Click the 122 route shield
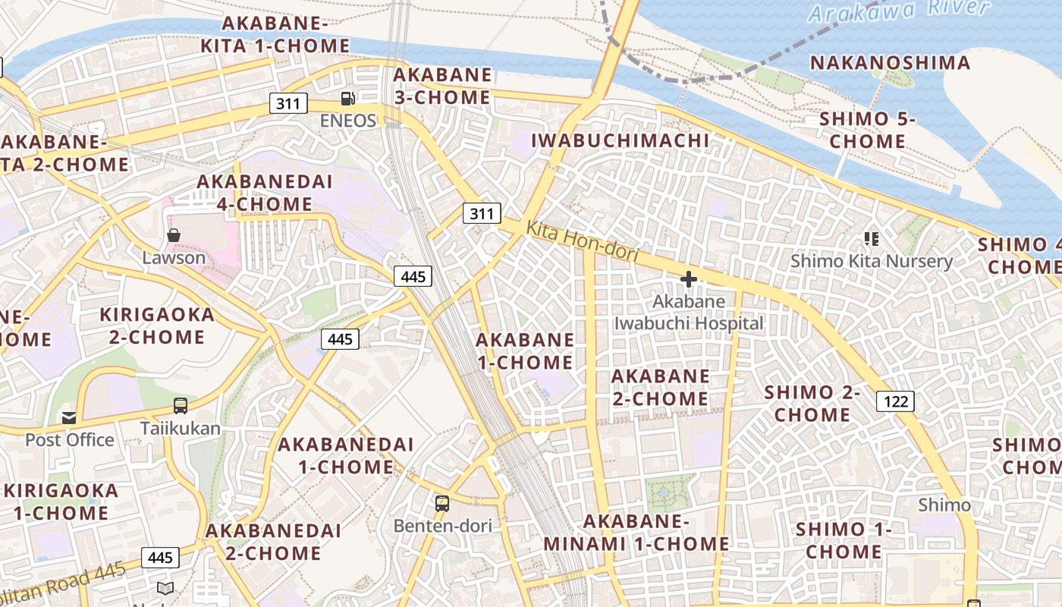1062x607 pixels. (x=895, y=401)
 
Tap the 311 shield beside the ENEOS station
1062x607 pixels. (x=288, y=103)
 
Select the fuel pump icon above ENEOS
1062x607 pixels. (x=347, y=98)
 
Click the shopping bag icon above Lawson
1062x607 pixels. (x=174, y=235)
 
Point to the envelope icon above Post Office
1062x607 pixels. (x=69, y=417)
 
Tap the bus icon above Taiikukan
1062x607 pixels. (x=181, y=406)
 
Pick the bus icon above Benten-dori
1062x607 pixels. (x=441, y=503)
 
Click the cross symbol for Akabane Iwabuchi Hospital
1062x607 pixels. (x=688, y=279)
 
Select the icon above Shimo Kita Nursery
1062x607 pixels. (x=872, y=240)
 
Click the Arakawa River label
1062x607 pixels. (x=899, y=10)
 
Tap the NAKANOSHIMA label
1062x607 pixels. (x=890, y=62)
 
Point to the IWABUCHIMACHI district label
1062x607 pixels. (x=620, y=140)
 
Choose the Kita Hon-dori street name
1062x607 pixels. (x=582, y=241)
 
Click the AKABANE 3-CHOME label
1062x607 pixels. (x=442, y=86)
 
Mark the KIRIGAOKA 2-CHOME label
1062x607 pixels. (x=157, y=326)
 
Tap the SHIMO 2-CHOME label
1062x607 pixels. (x=812, y=404)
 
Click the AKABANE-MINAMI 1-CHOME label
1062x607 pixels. (x=636, y=533)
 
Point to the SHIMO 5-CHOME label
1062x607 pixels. (x=867, y=130)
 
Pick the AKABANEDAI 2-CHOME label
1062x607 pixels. (x=273, y=541)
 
